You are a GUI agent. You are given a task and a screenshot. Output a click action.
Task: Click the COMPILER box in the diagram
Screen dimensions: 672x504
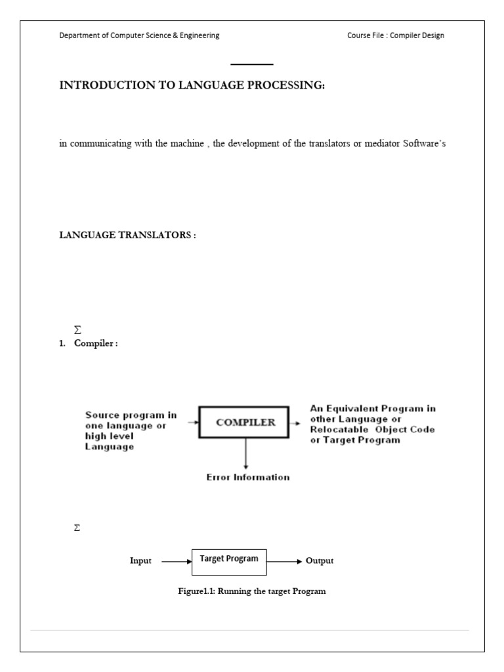(245, 423)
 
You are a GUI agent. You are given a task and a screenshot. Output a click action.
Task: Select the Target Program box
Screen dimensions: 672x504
(229, 558)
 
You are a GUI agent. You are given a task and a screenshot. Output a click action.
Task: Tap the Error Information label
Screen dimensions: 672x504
(248, 477)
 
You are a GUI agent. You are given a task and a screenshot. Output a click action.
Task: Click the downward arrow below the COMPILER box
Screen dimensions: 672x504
(245, 453)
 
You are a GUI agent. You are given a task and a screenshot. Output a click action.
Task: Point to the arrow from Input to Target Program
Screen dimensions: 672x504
(176, 562)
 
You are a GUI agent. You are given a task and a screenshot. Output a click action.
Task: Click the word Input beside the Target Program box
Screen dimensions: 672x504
(140, 561)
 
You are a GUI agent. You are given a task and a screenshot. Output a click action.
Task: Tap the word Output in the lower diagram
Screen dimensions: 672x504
(320, 561)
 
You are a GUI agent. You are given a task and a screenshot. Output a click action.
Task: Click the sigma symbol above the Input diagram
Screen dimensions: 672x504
(77, 528)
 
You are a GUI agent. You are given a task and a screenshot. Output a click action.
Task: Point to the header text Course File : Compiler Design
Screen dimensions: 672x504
(396, 35)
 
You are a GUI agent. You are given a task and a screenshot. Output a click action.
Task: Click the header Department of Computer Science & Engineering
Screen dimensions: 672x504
(139, 35)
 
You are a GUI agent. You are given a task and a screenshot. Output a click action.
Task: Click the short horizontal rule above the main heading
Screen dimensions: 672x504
(252, 64)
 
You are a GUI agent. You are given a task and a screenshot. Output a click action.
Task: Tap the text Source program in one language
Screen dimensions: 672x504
(131, 420)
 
